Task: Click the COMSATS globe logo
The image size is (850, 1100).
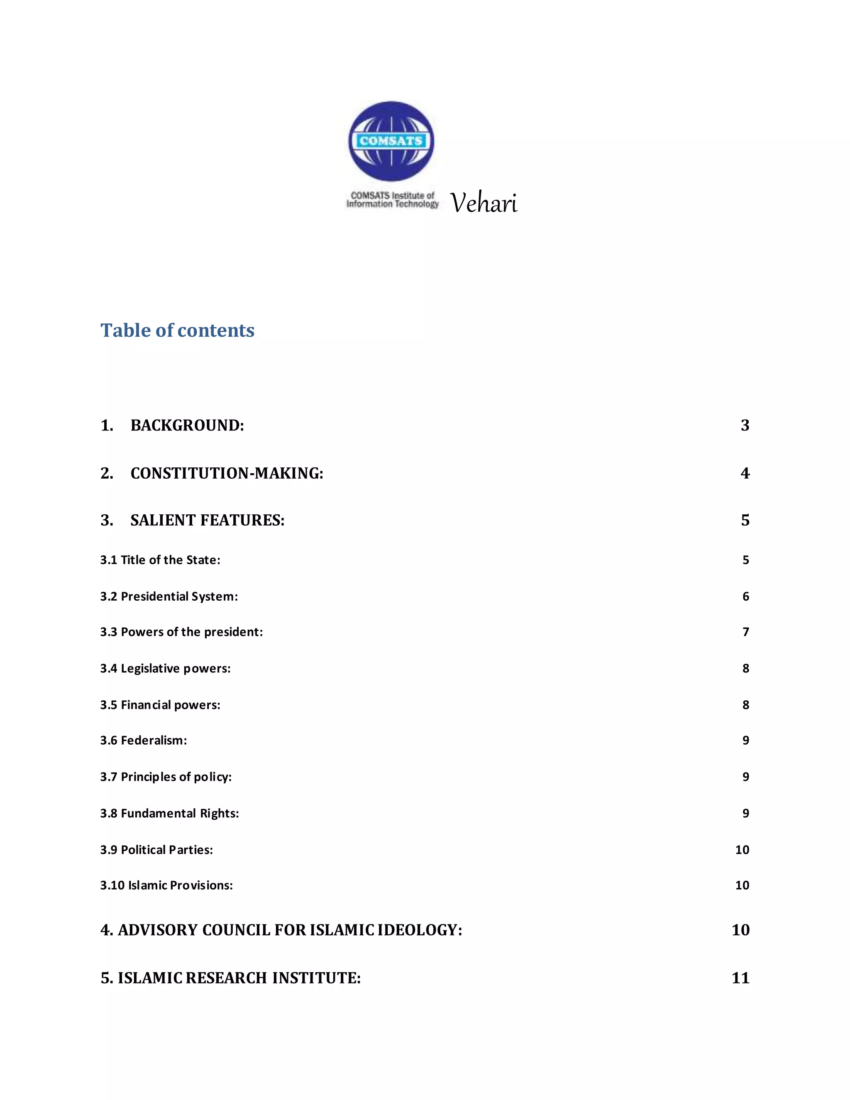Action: (x=391, y=141)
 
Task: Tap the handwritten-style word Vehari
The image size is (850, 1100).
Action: (x=484, y=203)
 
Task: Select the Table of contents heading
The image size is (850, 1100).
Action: (x=177, y=330)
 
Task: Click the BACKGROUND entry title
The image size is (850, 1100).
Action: (x=187, y=425)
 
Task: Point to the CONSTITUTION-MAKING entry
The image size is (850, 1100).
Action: (x=227, y=474)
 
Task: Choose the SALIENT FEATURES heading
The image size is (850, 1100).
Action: (x=208, y=520)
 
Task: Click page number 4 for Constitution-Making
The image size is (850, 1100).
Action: (x=745, y=474)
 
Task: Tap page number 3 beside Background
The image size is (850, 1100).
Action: (x=745, y=425)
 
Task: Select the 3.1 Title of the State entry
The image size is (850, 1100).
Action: (x=160, y=560)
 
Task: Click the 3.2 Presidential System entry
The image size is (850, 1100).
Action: (x=169, y=596)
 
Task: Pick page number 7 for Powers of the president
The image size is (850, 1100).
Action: (x=746, y=632)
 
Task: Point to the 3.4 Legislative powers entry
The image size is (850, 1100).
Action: (x=165, y=668)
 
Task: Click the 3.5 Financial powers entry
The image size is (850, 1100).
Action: (x=160, y=705)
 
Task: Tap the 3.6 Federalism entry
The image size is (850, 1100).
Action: (x=144, y=741)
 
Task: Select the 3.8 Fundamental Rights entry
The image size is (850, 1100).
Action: (x=169, y=814)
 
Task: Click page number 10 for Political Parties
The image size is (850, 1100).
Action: (x=742, y=850)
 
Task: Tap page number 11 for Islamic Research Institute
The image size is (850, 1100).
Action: (x=740, y=978)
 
